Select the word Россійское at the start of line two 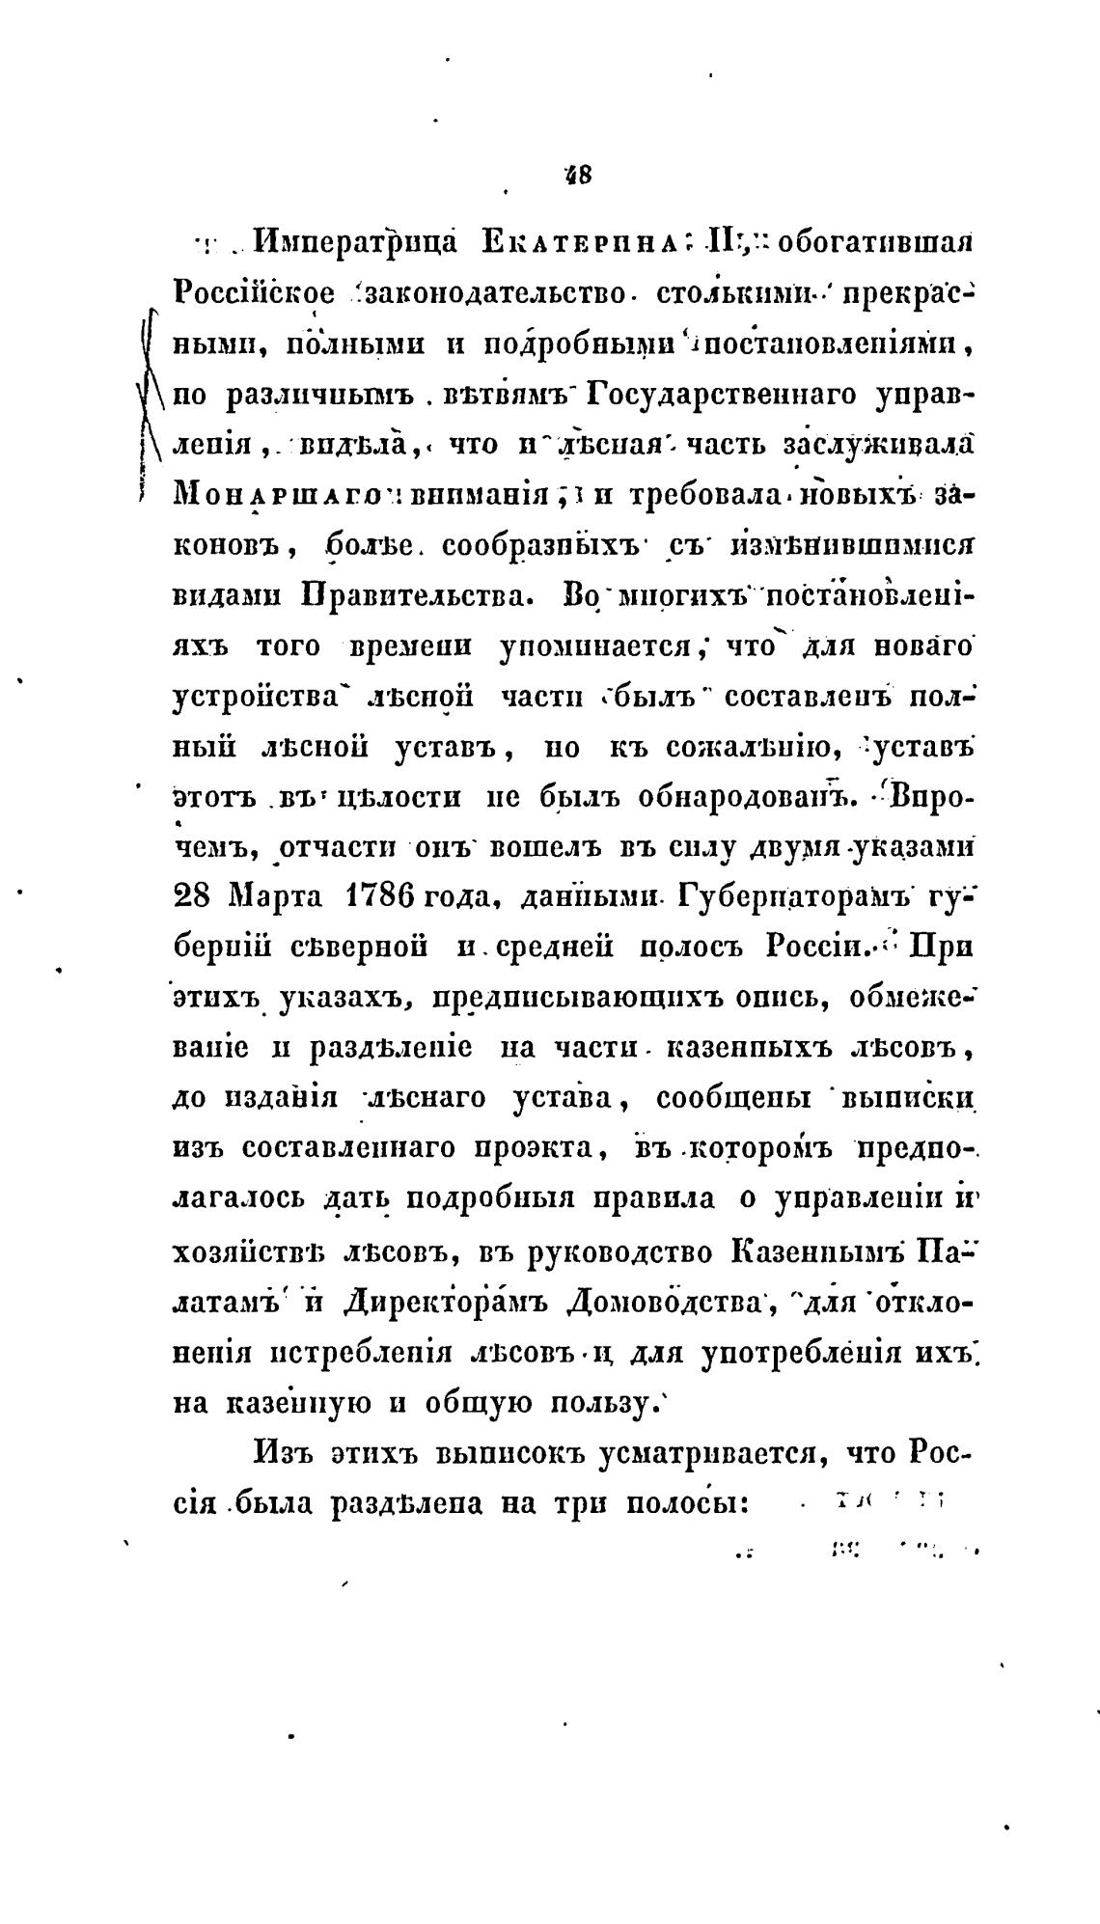coord(255,291)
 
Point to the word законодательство coord(495,291)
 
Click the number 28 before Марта coord(192,897)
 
